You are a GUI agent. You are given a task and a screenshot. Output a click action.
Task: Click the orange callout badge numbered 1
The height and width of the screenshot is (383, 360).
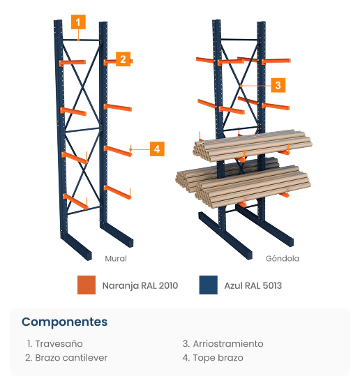pos(78,22)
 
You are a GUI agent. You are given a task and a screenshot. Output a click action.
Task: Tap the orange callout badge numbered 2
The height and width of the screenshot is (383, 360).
pos(123,59)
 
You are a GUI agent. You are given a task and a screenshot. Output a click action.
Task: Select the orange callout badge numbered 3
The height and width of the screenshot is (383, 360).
pos(278,85)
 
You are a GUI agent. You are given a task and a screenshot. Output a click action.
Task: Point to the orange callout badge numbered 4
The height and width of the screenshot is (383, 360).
pos(157,149)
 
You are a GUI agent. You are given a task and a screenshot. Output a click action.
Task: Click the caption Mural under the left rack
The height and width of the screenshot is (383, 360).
pos(116,258)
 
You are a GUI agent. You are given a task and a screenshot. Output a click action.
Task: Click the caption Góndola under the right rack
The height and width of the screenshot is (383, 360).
pos(283,258)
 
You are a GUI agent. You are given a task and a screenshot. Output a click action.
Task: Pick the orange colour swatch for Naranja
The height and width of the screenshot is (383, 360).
pos(87,285)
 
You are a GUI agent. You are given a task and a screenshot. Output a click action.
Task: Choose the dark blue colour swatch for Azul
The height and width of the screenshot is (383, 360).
pos(209,285)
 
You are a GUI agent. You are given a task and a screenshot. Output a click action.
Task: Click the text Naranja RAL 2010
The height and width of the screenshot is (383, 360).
pos(140,285)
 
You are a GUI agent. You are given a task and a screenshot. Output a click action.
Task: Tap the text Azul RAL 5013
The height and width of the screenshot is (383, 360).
pos(253,285)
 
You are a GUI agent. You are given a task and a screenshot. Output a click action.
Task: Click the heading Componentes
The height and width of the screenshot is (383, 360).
pos(64,322)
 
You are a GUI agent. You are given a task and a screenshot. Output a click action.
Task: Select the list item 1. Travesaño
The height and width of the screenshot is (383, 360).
pos(55,344)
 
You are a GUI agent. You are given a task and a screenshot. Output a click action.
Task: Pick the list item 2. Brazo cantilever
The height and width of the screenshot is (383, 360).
pos(66,358)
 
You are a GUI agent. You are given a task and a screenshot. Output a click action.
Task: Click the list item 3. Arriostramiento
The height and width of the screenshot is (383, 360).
pos(223,344)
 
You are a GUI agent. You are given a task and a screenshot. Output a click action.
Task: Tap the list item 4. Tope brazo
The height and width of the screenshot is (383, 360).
pos(213,358)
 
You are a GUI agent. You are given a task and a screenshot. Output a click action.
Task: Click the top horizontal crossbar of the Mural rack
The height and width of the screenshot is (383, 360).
pos(81,40)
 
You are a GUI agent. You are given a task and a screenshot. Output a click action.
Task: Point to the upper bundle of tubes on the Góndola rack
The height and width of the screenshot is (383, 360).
pos(253,145)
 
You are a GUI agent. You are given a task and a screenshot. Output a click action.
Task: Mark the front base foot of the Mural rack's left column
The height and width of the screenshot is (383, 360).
pos(76,246)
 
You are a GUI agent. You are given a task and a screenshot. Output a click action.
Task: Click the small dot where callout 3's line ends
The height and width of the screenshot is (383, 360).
pos(241,86)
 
